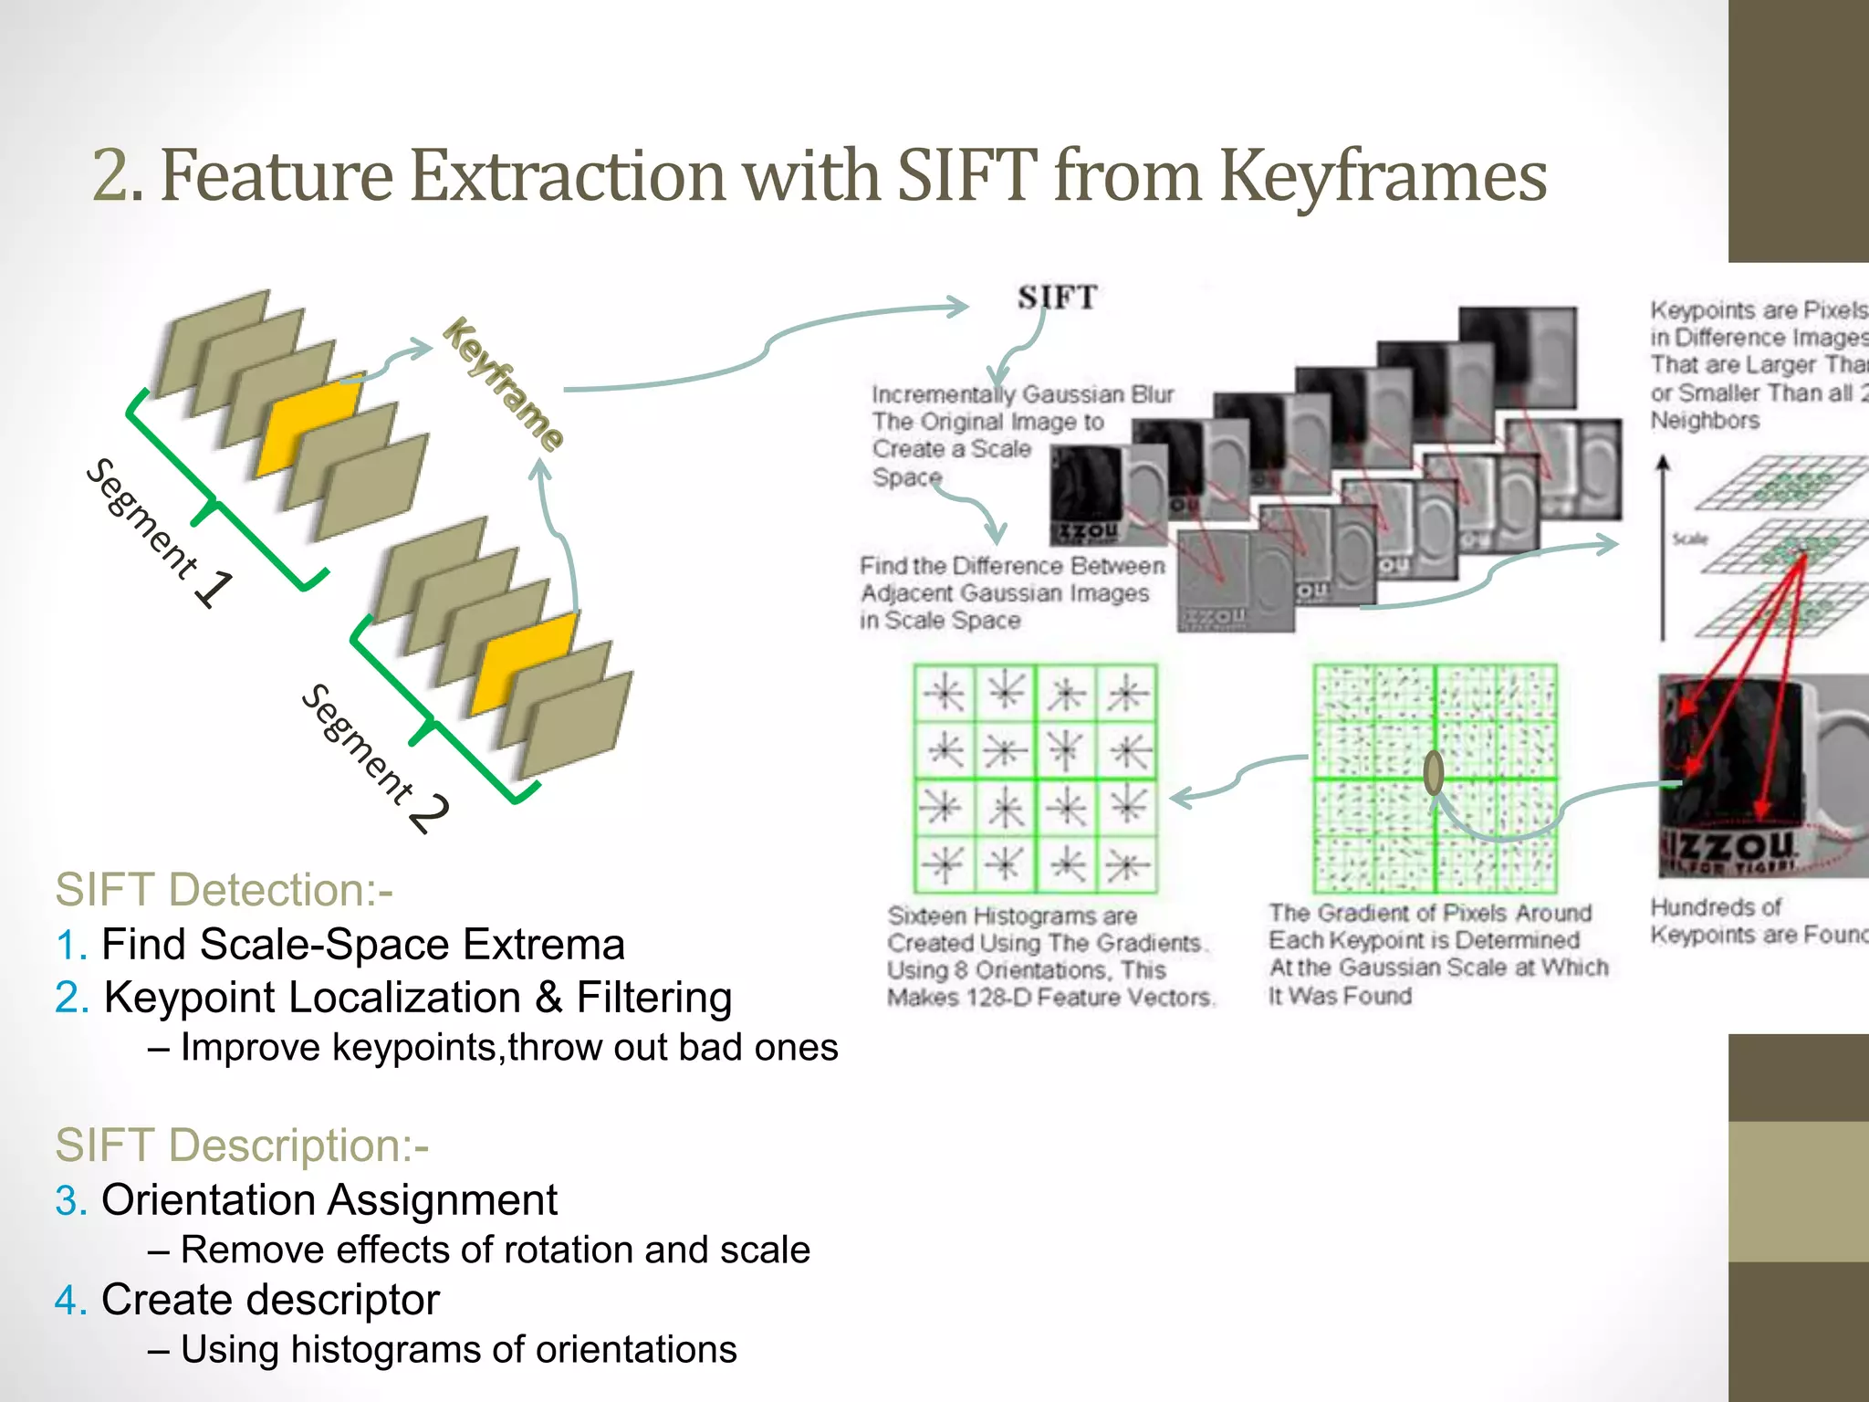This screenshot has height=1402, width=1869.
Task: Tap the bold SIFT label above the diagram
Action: [x=1057, y=298]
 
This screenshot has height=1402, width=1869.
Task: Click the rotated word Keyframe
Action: [x=503, y=384]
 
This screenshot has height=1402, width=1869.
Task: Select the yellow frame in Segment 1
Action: [x=305, y=427]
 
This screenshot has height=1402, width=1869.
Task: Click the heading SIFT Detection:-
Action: [x=224, y=889]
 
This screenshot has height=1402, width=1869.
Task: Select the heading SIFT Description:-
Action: [x=242, y=1145]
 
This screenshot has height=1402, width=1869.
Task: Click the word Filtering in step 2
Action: [x=653, y=997]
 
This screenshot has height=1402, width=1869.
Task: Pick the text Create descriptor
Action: [x=270, y=1300]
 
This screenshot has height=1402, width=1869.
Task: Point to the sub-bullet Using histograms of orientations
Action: [x=458, y=1349]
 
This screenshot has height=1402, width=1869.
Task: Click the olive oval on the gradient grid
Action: [x=1434, y=772]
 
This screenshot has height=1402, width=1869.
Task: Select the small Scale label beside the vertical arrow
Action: [x=1689, y=539]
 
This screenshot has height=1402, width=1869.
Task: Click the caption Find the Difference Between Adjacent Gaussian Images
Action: [x=1011, y=592]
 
